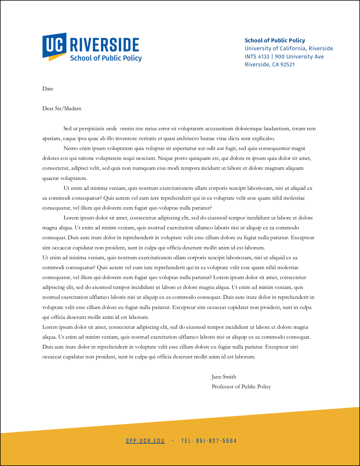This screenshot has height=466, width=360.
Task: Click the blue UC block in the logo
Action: pos(54,45)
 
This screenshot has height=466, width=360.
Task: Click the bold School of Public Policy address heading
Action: pos(275,40)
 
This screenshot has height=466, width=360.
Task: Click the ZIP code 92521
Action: pos(287,64)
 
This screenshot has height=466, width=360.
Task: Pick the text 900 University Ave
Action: pos(299,56)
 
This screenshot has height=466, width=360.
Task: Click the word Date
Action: pos(48,89)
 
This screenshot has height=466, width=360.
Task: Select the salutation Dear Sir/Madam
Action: pos(62,108)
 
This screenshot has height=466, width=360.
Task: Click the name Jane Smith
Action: pos(224,377)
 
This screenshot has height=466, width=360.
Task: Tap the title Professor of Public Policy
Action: pos(241,387)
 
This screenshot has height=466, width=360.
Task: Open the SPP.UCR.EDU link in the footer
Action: pos(145,441)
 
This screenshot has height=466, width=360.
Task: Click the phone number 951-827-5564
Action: pos(216,441)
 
